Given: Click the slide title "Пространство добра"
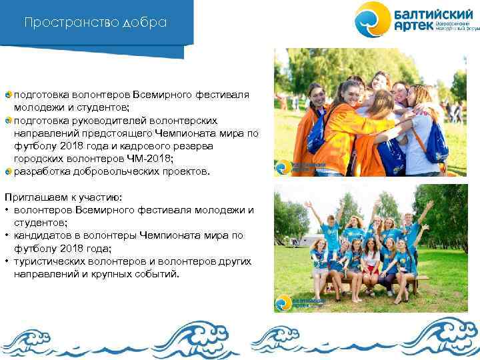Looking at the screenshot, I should pyautogui.click(x=95, y=23).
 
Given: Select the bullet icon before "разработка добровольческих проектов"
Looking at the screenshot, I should pyautogui.click(x=8, y=171).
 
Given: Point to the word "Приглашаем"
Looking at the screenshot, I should pyautogui.click(x=32, y=197).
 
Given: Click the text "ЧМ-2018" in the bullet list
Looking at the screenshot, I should pyautogui.click(x=140, y=159).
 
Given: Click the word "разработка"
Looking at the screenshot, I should pyautogui.click(x=40, y=171).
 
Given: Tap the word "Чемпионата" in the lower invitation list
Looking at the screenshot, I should pyautogui.click(x=186, y=235).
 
